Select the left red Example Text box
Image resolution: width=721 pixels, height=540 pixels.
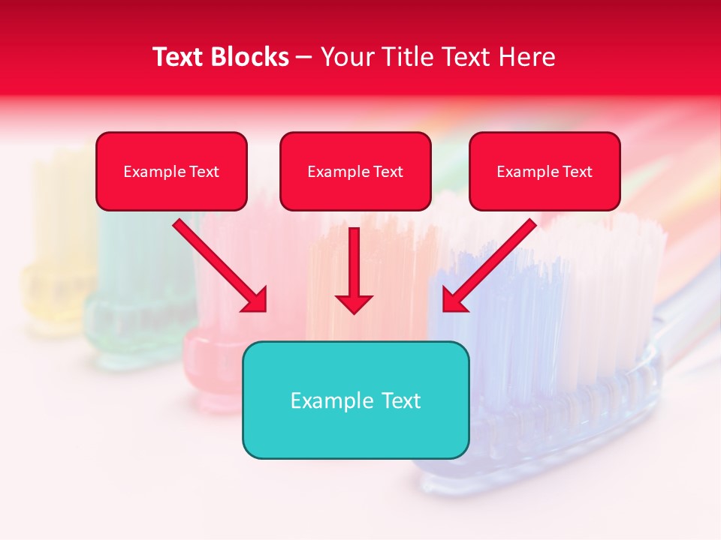click(171, 171)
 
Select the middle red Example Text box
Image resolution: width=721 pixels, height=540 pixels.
click(355, 171)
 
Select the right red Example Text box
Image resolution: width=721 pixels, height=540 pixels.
click(545, 171)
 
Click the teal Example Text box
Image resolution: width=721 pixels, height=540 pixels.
click(355, 400)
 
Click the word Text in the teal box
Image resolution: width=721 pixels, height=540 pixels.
click(400, 400)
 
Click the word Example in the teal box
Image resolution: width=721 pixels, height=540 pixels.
click(332, 400)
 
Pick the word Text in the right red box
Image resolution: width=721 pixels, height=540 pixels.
click(577, 171)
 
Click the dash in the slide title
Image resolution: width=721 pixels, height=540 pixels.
click(304, 57)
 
